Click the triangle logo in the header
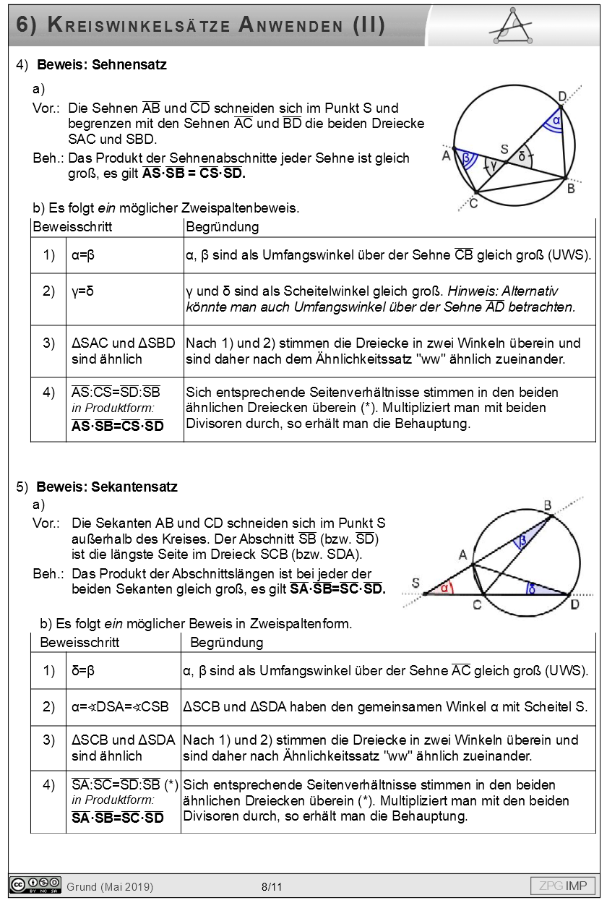point(514,27)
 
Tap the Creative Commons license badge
point(35,885)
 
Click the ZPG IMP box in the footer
point(564,886)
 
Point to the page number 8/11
point(272,886)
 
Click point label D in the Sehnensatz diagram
point(563,97)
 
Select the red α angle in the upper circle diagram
point(556,119)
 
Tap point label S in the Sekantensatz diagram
point(416,583)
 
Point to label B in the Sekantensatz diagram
point(548,505)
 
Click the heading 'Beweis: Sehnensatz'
point(102,65)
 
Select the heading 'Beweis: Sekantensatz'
point(107,487)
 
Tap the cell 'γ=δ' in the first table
point(83,291)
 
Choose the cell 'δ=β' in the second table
point(83,671)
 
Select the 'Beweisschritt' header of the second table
point(79,642)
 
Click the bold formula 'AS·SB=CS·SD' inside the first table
point(118,426)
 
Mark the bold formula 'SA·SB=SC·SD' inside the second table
point(118,818)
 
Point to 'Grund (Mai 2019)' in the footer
point(110,886)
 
